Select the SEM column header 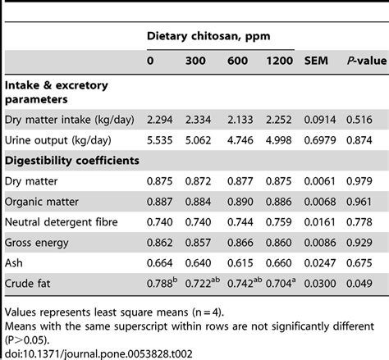click(317, 61)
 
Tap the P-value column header click(360, 61)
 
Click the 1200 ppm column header click(278, 61)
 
